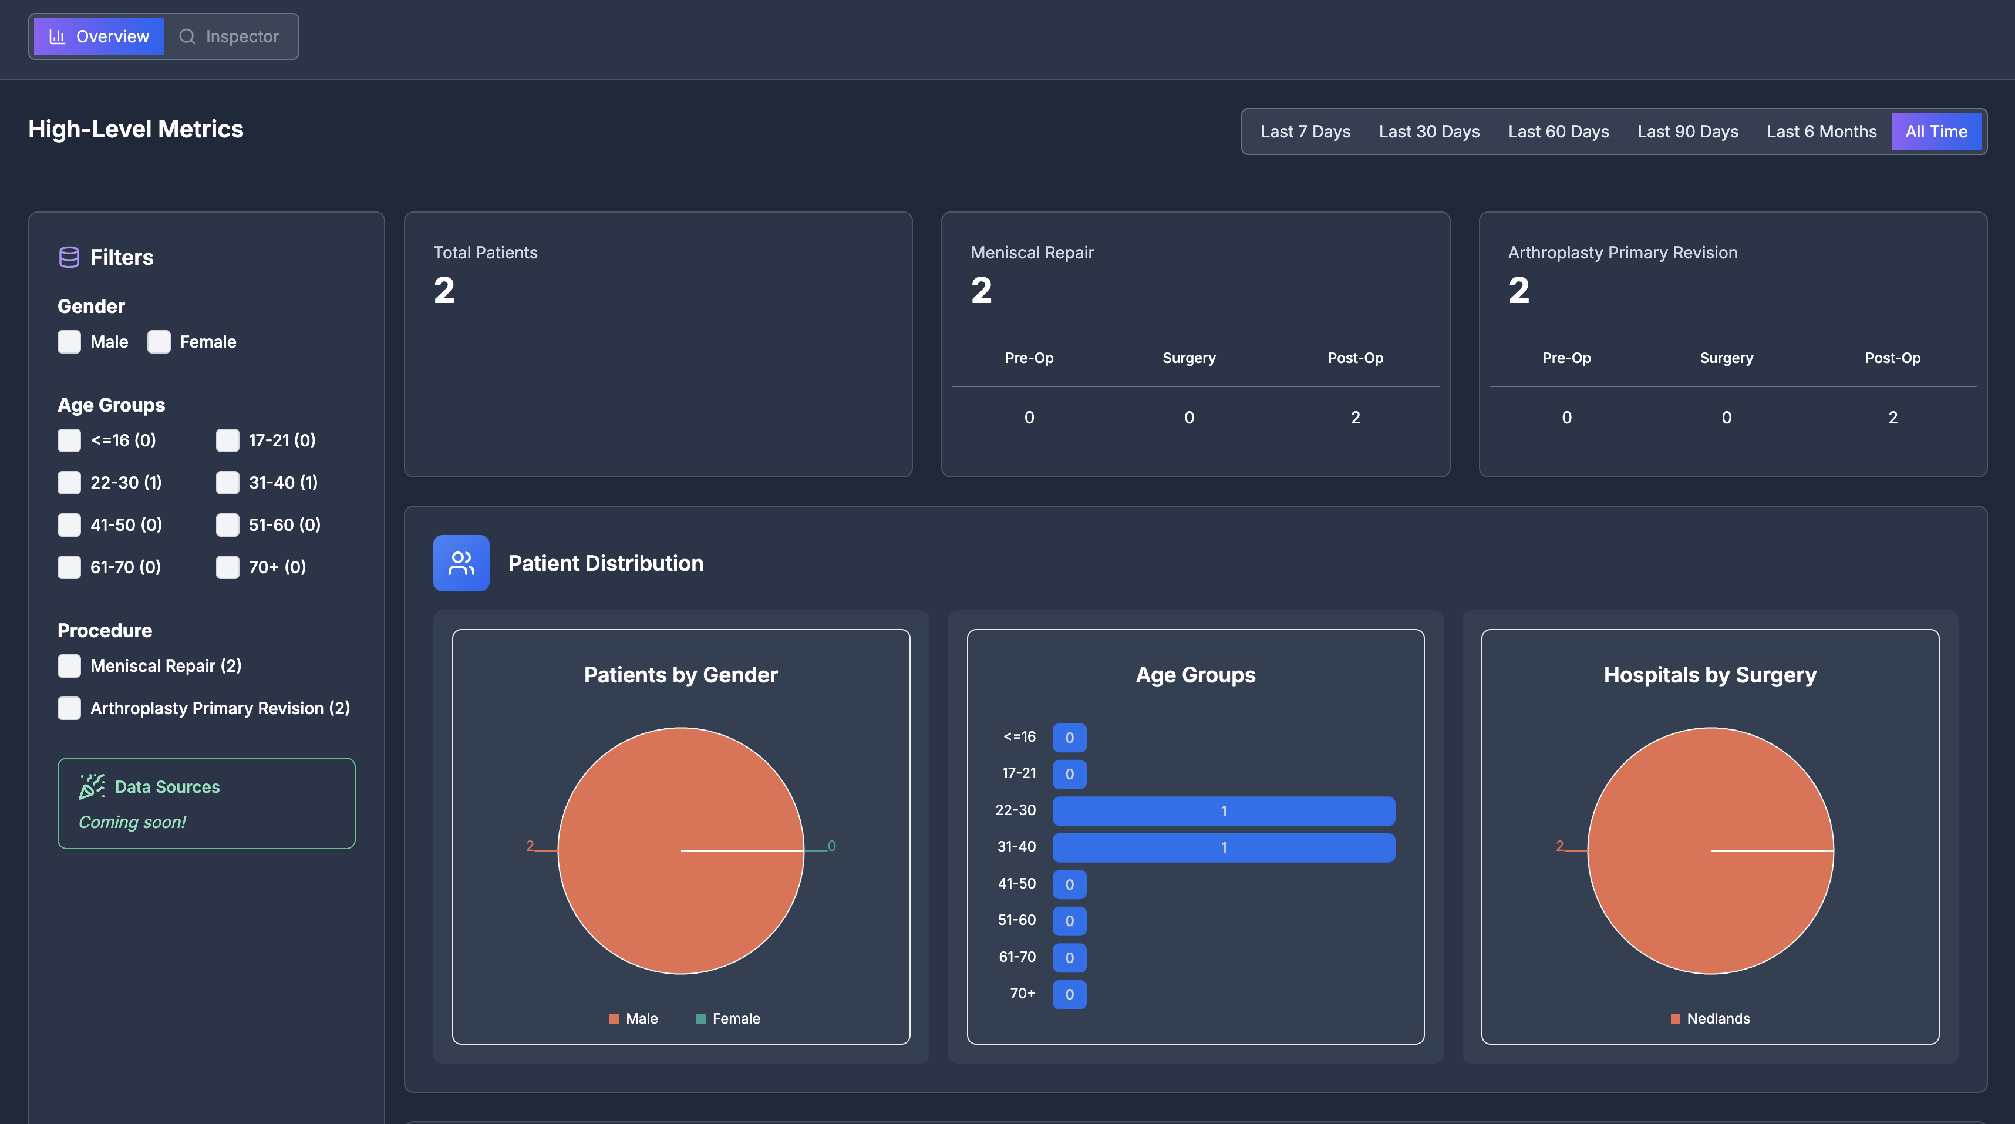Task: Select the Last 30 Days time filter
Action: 1428,132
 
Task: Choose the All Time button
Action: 1935,132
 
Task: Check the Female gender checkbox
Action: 159,342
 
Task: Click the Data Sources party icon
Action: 92,786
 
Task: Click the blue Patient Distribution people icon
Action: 461,563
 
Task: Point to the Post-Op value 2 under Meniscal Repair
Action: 1355,418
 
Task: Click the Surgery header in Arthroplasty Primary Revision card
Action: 1726,358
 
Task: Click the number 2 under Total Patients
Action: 444,291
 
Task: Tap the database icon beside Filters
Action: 69,257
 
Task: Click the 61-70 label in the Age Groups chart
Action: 1016,957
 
